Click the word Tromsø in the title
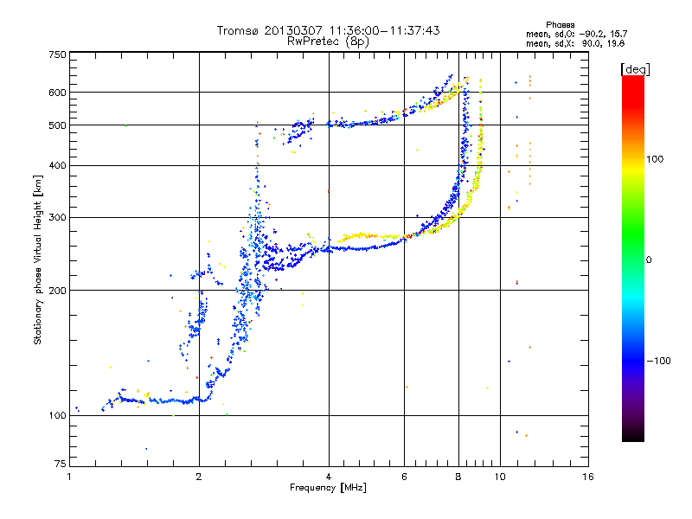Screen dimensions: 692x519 239,30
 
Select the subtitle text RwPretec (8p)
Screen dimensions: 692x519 329,42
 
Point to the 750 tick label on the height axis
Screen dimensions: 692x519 58,54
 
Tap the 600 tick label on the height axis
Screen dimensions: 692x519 58,93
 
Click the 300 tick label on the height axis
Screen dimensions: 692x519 58,218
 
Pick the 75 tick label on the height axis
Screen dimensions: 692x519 61,464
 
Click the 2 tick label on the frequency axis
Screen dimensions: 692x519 199,477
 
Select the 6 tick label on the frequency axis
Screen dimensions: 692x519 404,477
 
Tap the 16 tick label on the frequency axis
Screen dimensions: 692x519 588,477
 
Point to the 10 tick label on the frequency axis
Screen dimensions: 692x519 500,477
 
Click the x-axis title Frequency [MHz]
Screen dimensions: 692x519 329,488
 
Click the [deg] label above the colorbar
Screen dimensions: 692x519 635,70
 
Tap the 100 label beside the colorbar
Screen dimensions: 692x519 655,159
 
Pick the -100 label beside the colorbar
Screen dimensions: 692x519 658,361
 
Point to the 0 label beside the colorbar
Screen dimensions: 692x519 649,260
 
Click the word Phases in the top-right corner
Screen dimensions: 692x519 560,25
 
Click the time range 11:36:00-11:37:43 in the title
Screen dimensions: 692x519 384,30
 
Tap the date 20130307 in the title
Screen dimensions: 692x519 294,30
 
